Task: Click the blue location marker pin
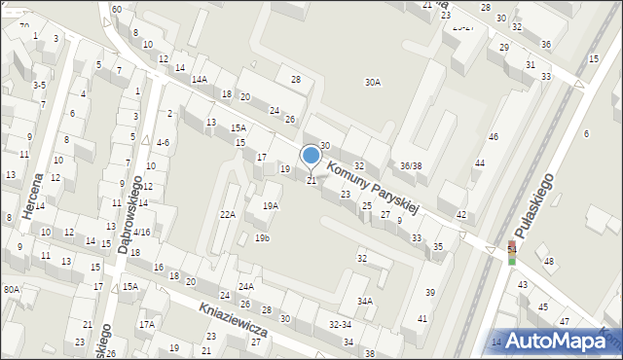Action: point(311,156)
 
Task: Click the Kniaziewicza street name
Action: point(233,319)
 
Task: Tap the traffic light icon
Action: point(512,253)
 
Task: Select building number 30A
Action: point(372,83)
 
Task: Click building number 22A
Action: point(228,214)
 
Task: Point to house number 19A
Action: point(271,205)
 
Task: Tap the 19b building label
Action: point(262,237)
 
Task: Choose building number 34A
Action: point(364,301)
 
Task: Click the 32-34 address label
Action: point(340,325)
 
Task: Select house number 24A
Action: point(246,286)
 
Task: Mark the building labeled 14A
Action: point(199,80)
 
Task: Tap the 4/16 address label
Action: point(142,233)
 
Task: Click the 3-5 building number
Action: point(39,86)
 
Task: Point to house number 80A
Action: point(11,289)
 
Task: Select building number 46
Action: point(494,137)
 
